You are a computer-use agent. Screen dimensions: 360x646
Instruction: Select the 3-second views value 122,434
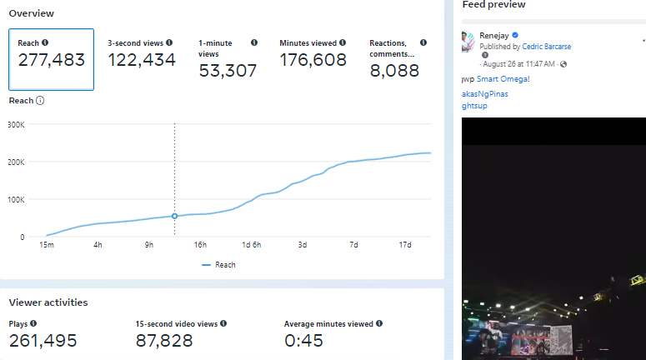142,59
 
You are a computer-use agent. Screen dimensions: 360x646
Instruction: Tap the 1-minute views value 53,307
228,71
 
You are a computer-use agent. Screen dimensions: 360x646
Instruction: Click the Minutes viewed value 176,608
313,59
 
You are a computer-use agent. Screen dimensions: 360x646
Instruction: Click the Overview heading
32,13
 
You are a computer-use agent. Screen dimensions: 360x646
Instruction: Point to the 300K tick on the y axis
17,124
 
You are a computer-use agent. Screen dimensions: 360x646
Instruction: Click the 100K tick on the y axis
17,200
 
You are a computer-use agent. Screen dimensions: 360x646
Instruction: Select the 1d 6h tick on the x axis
251,244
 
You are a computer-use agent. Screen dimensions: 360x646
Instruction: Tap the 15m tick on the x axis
47,244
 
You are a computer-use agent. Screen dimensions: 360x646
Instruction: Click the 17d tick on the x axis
405,244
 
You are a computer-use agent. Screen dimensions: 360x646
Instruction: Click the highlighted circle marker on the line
174,216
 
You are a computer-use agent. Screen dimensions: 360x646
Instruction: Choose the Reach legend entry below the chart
218,265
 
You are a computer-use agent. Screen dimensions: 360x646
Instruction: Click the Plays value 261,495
43,340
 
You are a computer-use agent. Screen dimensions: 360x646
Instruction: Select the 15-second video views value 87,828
164,340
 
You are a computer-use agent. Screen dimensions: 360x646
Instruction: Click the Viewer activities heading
48,302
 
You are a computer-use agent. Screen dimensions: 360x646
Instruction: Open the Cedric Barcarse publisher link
547,47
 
